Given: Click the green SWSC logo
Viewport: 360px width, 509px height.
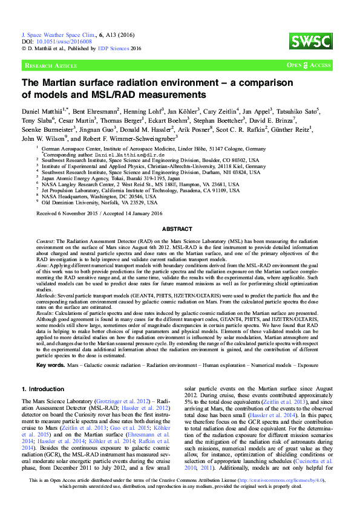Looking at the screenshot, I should click(x=318, y=41).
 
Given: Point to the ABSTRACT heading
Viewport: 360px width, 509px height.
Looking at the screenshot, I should click(x=180, y=229).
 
